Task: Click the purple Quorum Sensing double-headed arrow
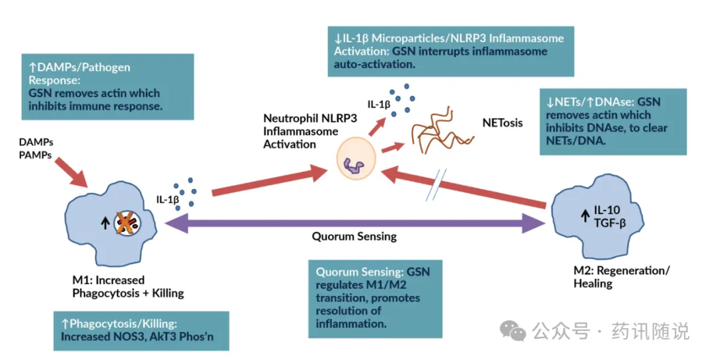[356, 225]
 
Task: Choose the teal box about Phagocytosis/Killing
[141, 330]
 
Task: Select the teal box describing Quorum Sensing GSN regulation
[374, 298]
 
